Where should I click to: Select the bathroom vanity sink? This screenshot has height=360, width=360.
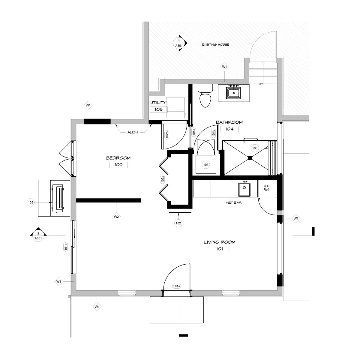234,93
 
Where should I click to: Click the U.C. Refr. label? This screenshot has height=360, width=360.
267,188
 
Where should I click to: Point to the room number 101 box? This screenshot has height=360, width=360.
220,249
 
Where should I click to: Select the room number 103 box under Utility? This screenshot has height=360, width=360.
158,109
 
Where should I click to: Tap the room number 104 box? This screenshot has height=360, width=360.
229,129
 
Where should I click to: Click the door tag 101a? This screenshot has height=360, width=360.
176,286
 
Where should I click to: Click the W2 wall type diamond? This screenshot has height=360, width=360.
116,216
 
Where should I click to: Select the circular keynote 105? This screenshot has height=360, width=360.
31,202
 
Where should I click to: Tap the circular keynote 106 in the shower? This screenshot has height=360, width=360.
255,148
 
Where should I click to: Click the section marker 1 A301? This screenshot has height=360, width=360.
180,43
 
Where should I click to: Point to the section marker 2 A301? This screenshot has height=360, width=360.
38,236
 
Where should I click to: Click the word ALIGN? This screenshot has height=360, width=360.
132,132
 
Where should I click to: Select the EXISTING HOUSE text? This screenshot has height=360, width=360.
215,45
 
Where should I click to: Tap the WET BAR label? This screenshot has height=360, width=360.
233,203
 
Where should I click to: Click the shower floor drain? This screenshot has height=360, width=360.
249,157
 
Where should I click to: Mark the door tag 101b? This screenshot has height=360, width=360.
65,247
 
